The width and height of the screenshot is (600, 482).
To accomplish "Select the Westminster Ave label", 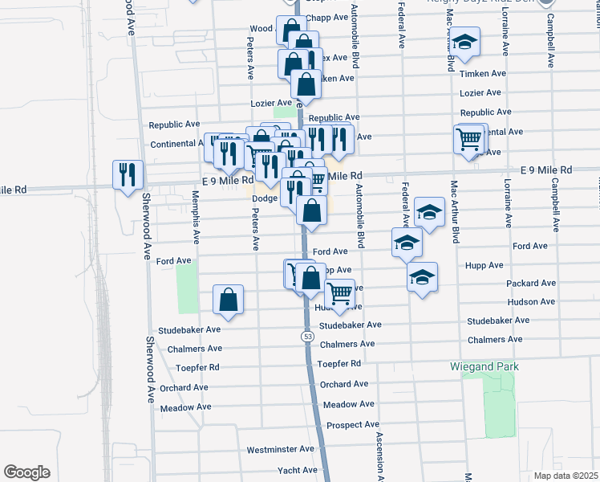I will pos(281,449).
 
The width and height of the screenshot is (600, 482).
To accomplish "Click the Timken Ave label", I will pos(484,73).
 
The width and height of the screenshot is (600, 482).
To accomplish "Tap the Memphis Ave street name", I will pos(194,218).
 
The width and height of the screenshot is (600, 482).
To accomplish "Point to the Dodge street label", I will pos(265,198).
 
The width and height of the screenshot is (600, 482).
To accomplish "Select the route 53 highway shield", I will pos(307,336).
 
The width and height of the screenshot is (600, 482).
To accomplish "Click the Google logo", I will pos(26,472).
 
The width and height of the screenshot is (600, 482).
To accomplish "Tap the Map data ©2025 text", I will pos(566,475).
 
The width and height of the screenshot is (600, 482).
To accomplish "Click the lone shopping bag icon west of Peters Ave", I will pos(229,300).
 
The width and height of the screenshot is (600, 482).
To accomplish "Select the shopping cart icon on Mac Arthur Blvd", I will pos(469,138).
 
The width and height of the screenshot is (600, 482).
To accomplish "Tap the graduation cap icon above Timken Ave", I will pos(464,43).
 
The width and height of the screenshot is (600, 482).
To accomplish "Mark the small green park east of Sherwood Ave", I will pos(187,288).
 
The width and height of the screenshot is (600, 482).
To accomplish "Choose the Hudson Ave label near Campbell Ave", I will pos(531,301).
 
